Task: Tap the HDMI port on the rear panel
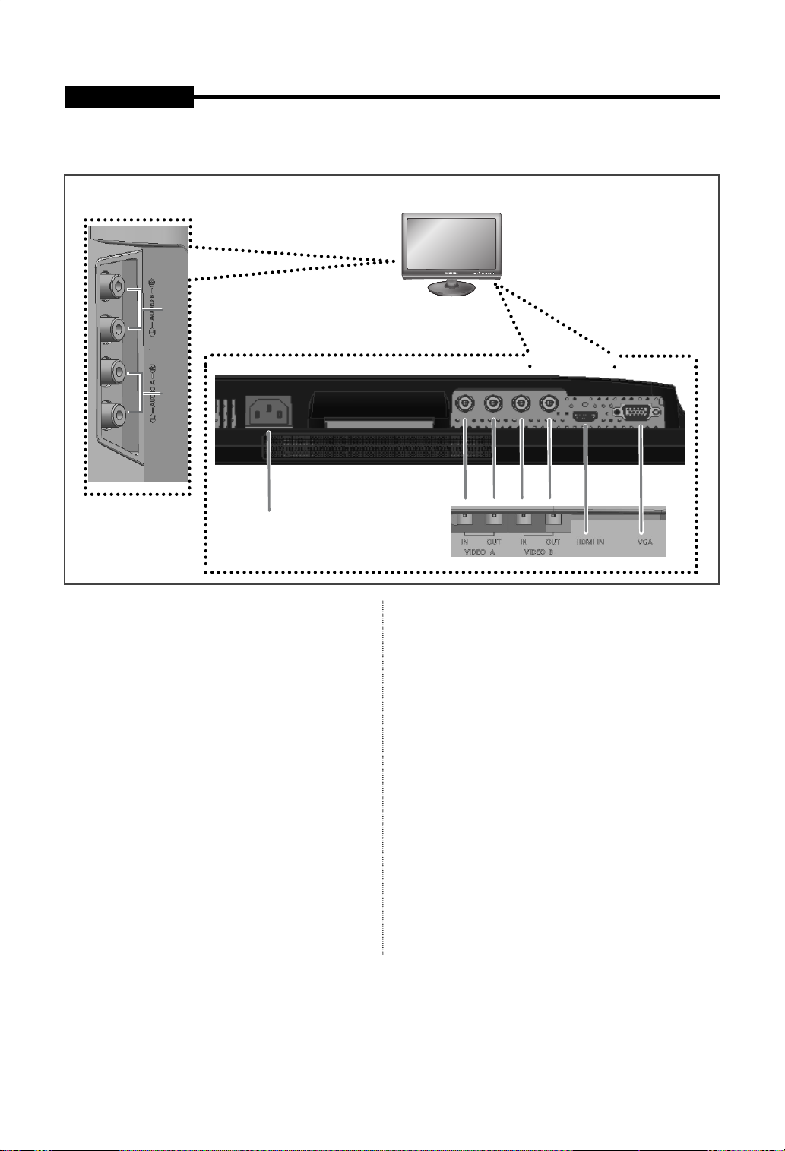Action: tap(585, 417)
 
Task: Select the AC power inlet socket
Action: tap(269, 414)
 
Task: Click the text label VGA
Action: tap(644, 542)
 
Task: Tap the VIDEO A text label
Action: tap(479, 552)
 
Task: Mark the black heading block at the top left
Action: tap(128, 97)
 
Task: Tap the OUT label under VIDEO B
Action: tap(553, 542)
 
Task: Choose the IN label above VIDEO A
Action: tap(464, 542)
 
